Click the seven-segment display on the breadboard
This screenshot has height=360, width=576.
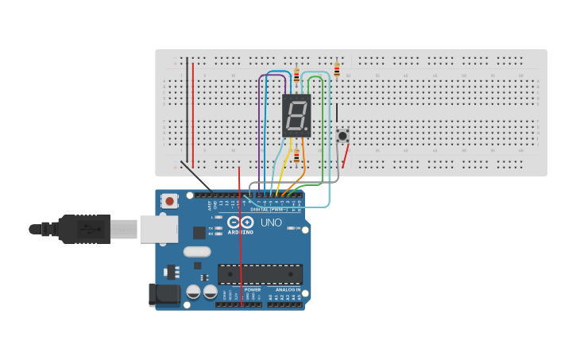click(296, 115)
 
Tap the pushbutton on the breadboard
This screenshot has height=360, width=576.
click(342, 136)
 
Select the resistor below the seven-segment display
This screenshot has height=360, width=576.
click(296, 156)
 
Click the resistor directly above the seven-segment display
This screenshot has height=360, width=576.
click(296, 75)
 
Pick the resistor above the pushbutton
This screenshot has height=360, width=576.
click(337, 70)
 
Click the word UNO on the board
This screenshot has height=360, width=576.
click(271, 223)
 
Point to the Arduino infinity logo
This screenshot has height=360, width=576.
click(241, 223)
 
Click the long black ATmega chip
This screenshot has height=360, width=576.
click(260, 274)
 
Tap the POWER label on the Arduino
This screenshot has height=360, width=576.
click(253, 290)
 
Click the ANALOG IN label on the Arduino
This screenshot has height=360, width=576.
click(288, 290)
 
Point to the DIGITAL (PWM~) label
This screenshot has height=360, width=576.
click(269, 210)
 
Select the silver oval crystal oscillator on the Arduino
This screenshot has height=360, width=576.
click(197, 252)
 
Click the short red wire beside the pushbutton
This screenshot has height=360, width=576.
click(345, 157)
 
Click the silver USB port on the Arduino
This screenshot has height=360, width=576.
click(158, 229)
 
